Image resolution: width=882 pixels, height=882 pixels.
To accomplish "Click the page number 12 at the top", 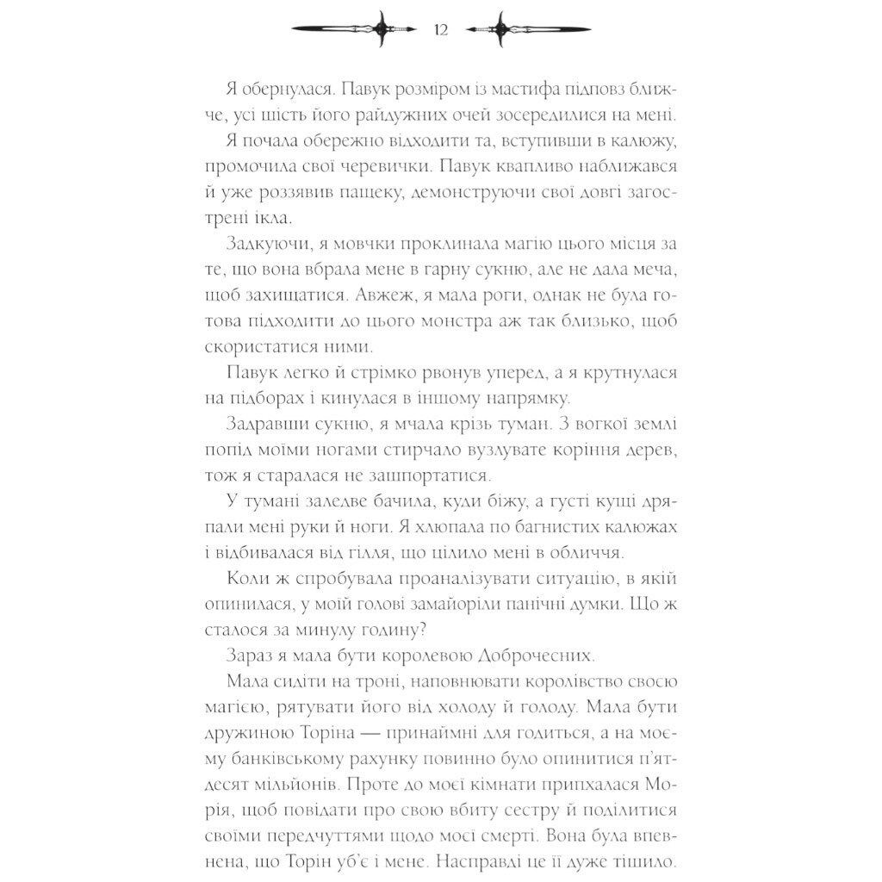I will tap(441, 30).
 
